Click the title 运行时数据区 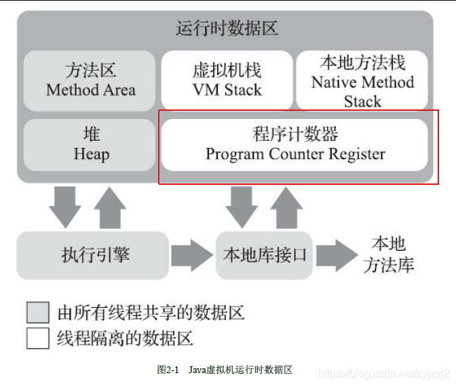pyautogui.click(x=227, y=29)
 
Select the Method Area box pyautogui.click(x=90, y=80)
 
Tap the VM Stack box pyautogui.click(x=227, y=80)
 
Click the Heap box pyautogui.click(x=90, y=145)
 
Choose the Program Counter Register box pyautogui.click(x=294, y=145)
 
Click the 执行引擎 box pyautogui.click(x=92, y=256)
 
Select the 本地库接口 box pyautogui.click(x=264, y=256)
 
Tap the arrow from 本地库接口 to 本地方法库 pyautogui.click(x=336, y=256)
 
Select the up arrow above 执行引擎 pyautogui.click(x=109, y=207)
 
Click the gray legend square pyautogui.click(x=38, y=313)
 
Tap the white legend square pyautogui.click(x=38, y=338)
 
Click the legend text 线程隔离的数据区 pyautogui.click(x=126, y=338)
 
